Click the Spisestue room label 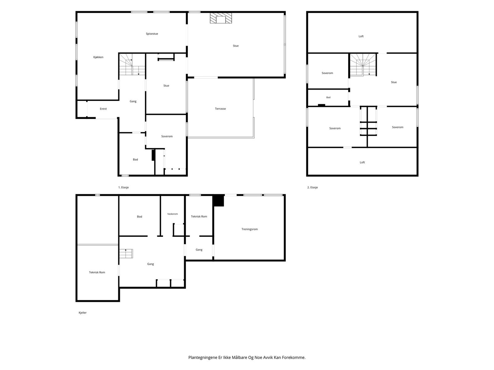(x=152, y=34)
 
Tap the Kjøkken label (x=98, y=57)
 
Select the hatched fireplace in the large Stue (x=221, y=18)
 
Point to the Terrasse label (x=220, y=109)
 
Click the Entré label (x=103, y=109)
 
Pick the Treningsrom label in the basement (x=249, y=229)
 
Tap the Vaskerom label (x=173, y=214)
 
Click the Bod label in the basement (x=140, y=217)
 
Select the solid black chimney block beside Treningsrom (x=218, y=201)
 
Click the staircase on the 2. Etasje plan (x=363, y=65)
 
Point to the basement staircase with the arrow (x=126, y=254)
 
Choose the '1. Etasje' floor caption (x=124, y=187)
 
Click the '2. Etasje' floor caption (x=312, y=187)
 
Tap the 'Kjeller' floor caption (x=83, y=313)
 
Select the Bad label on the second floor (x=329, y=97)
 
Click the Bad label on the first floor (x=135, y=160)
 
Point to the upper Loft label (x=361, y=36)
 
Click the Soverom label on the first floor (x=167, y=136)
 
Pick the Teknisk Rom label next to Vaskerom (x=199, y=216)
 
